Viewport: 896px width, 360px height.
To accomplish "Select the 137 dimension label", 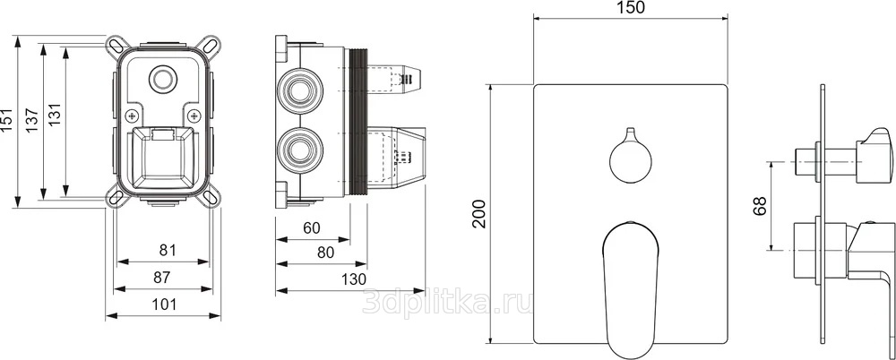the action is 31,120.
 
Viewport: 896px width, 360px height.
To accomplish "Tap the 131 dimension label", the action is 55,120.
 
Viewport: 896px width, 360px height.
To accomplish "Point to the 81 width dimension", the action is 167,250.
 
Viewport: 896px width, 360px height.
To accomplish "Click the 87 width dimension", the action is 163,277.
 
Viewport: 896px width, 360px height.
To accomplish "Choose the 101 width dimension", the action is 165,304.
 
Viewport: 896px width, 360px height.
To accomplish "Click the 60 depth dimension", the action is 312,228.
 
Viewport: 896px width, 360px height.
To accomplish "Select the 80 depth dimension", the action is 325,252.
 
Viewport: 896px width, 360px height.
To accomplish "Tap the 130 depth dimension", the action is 354,279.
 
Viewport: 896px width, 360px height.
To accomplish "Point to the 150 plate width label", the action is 632,7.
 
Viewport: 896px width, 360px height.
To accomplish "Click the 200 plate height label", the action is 479,214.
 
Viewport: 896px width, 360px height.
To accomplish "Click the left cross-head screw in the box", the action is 134,115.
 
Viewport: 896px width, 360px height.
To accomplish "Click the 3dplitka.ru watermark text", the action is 448,301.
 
